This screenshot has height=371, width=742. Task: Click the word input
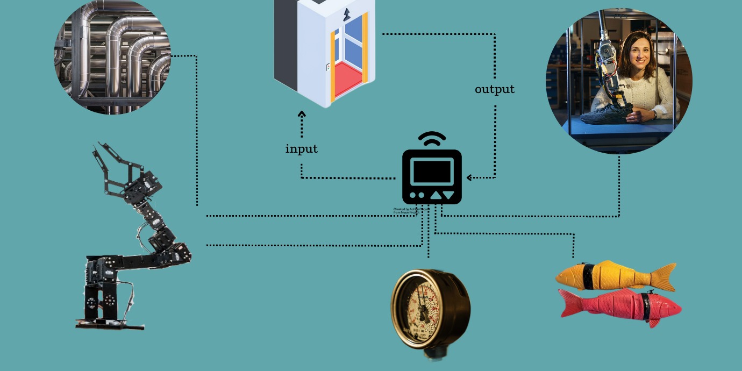click(301, 149)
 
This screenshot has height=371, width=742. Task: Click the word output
click(494, 89)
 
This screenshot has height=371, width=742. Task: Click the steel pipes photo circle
click(112, 56)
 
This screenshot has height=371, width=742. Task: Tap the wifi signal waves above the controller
click(432, 139)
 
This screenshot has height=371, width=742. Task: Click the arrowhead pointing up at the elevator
click(302, 114)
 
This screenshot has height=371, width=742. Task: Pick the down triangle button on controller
click(449, 195)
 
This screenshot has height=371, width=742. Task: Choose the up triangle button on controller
click(436, 195)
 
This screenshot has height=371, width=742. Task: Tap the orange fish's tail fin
click(665, 275)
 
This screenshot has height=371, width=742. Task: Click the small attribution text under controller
click(406, 211)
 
